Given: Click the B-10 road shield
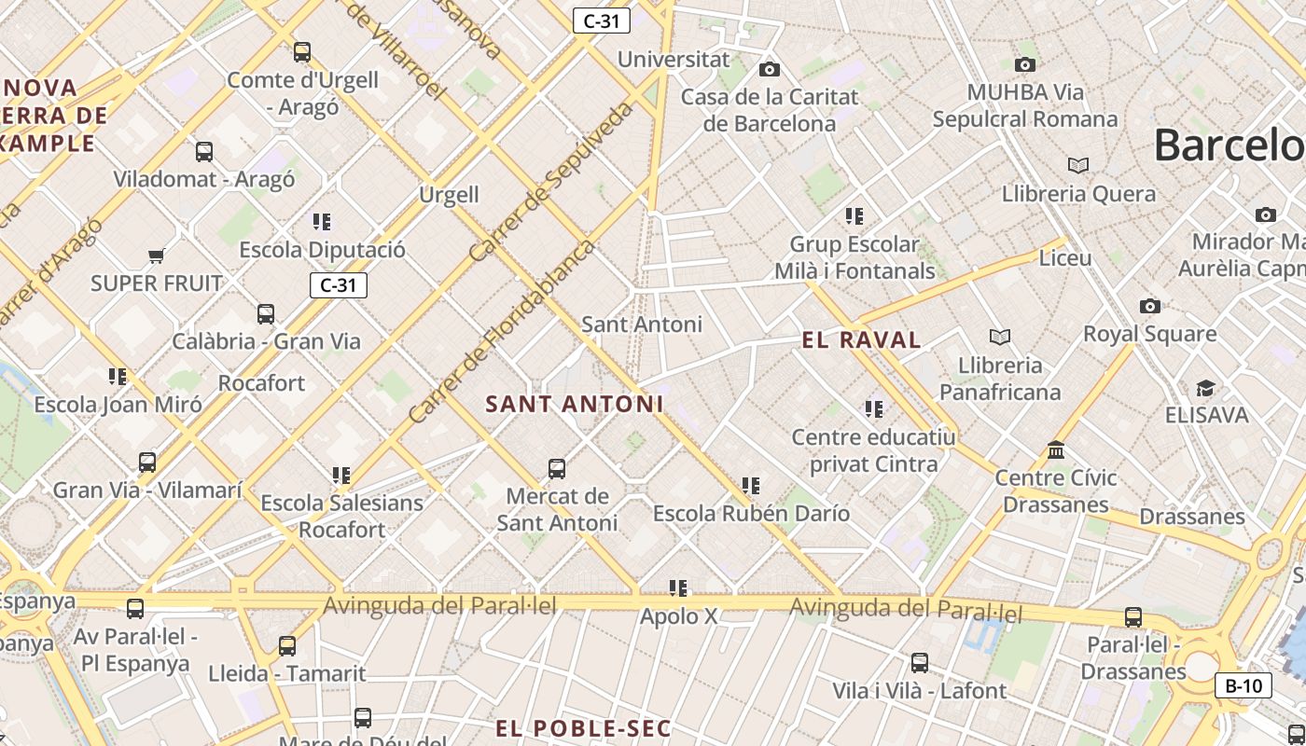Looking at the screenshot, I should point(1243,686).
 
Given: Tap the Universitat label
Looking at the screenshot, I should point(674,59).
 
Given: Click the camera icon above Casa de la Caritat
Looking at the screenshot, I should point(770,69).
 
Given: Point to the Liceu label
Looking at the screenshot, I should point(1064,257).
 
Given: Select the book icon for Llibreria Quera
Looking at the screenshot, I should point(1078,165).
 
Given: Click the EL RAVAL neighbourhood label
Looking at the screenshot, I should point(861,340).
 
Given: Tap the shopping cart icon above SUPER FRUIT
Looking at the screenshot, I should point(156,256).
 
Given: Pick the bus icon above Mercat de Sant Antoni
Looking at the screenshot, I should point(557,468).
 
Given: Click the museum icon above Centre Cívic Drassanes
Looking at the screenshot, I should point(1056,450).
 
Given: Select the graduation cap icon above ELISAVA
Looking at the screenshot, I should point(1206,388).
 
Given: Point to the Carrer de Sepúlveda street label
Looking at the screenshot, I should point(550,183).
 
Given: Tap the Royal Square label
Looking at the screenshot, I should point(1149,333).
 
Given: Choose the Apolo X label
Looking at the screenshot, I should point(678,616).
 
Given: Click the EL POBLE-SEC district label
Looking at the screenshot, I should point(582,728).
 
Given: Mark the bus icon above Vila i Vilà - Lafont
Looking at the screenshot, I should point(920,663).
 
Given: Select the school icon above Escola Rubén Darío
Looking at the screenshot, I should point(751,486).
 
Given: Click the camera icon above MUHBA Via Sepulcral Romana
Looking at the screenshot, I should point(1025,64).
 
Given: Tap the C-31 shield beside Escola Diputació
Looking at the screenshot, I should point(338,285).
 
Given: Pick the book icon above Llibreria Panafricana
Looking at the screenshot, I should point(1000,337).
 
